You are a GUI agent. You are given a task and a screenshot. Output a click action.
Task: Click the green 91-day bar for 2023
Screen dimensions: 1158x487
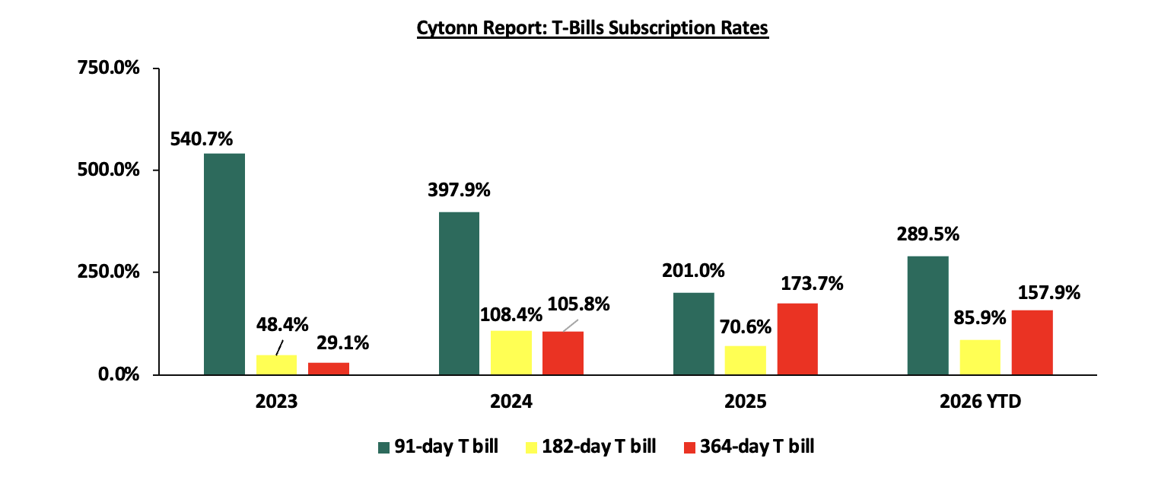(224, 264)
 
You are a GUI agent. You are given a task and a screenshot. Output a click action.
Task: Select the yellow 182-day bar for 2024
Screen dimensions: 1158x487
(511, 352)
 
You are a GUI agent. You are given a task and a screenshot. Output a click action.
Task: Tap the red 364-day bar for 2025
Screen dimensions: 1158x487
(797, 339)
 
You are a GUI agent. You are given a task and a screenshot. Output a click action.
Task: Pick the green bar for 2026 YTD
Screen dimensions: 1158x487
(928, 315)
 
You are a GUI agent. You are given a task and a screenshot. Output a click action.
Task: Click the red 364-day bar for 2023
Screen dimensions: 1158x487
(329, 368)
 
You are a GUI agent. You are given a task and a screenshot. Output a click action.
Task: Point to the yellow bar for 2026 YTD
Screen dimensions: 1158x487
(980, 357)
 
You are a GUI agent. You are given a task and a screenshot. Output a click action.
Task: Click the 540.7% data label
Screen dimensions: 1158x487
(202, 139)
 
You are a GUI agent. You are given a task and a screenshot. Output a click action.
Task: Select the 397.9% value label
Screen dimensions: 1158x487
(459, 190)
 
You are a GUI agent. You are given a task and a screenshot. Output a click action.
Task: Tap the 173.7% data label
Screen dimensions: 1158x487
(812, 284)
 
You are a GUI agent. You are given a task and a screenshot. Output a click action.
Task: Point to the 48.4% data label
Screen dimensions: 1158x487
(282, 325)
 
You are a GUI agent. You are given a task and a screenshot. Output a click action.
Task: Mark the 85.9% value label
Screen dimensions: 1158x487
(980, 318)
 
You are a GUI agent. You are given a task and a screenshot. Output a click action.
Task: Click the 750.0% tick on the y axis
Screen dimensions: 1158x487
(109, 68)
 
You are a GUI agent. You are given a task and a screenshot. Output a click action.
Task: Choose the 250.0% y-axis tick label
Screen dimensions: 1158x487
(109, 272)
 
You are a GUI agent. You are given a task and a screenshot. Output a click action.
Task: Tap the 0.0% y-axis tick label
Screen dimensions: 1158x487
(119, 374)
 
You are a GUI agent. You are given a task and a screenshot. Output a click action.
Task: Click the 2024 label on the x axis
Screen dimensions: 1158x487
(511, 402)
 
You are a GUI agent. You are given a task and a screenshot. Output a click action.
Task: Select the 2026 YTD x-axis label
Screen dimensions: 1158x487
(980, 402)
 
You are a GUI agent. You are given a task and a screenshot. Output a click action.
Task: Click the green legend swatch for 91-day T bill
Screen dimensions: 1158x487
(383, 447)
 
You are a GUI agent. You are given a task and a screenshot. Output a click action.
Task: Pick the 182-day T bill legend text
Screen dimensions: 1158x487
(599, 447)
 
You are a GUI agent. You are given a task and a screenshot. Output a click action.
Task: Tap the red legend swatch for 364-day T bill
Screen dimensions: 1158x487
(689, 447)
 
